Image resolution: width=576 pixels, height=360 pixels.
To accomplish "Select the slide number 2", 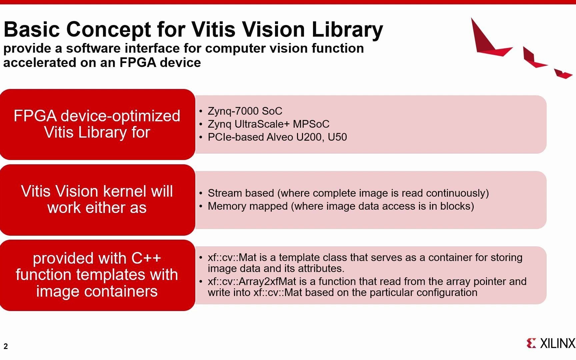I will pyautogui.click(x=6, y=346).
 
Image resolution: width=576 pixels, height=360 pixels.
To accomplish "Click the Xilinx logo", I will pyautogui.click(x=551, y=343).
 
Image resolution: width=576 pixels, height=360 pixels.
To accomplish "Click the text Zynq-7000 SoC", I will pyautogui.click(x=245, y=111).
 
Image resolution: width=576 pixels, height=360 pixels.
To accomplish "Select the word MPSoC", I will pyautogui.click(x=311, y=124).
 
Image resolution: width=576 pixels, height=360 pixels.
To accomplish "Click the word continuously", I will pyautogui.click(x=457, y=193).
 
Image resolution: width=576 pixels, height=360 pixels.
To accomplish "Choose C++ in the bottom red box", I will pyautogui.click(x=146, y=258).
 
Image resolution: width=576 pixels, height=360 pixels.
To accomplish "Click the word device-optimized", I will pyautogui.click(x=120, y=116).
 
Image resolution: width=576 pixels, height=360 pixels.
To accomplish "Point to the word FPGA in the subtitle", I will pyautogui.click(x=137, y=63).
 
